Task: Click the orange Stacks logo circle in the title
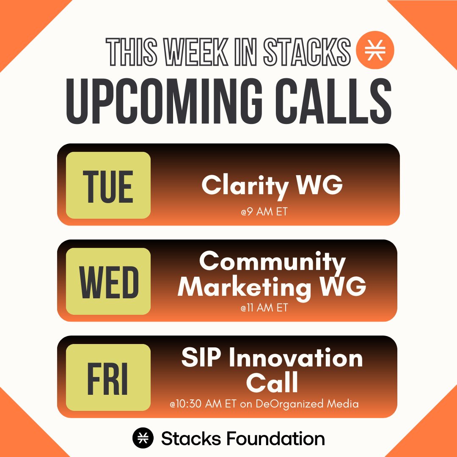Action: (375, 50)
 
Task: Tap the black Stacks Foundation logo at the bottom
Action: (143, 438)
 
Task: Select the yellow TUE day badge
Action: (108, 185)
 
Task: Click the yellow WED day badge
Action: (108, 281)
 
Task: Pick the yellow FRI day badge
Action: (108, 377)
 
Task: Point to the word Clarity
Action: (245, 186)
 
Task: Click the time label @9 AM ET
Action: (264, 212)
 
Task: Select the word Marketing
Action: (245, 287)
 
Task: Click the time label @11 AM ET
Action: (264, 308)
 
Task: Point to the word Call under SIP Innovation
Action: (272, 382)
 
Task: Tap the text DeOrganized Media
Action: (307, 404)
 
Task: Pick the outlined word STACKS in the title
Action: (307, 52)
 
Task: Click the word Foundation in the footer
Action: (275, 438)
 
